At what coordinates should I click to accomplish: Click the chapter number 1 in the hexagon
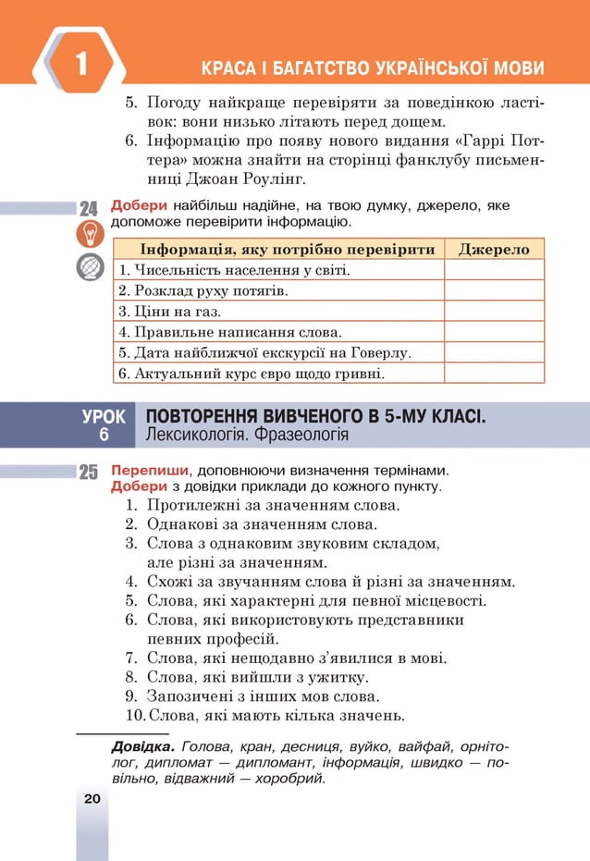81,64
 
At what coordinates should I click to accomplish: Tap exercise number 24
89,208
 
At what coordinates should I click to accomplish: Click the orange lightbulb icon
89,235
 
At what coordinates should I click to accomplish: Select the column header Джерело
494,250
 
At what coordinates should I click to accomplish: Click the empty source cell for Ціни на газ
494,312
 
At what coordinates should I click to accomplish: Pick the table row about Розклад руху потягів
277,291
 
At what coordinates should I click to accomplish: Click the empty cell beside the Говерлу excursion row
494,352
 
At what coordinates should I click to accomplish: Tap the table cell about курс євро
277,373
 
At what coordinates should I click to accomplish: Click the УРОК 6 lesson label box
104,424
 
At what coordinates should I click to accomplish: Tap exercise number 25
89,473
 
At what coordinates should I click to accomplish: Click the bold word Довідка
143,746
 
